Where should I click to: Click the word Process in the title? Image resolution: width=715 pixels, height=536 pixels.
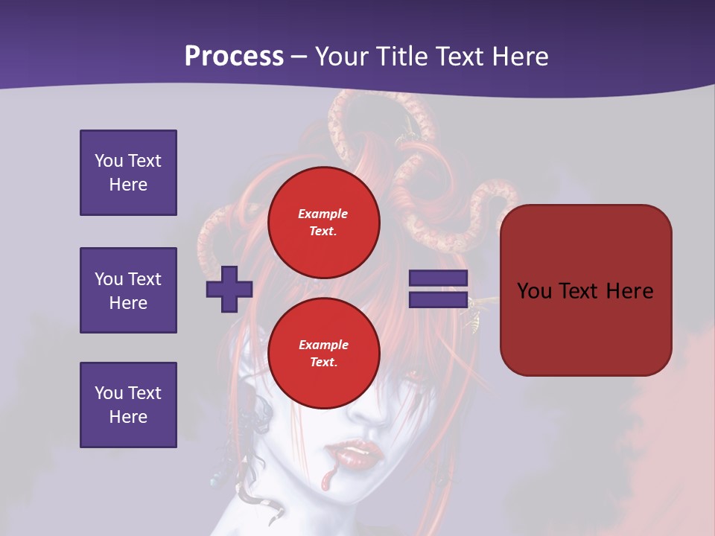pyautogui.click(x=234, y=57)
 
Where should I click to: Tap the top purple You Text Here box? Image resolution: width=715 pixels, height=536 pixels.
pyautogui.click(x=128, y=173)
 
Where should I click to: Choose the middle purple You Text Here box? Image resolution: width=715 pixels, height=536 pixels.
pyautogui.click(x=128, y=290)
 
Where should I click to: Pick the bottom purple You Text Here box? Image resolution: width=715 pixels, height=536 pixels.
pyautogui.click(x=128, y=405)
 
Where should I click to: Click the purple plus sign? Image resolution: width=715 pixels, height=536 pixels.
pyautogui.click(x=229, y=289)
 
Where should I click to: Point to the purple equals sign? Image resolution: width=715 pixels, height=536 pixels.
pyautogui.click(x=438, y=289)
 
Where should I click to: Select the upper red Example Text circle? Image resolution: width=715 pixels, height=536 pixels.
pyautogui.click(x=324, y=222)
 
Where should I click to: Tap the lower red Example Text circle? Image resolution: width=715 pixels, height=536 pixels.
pyautogui.click(x=324, y=353)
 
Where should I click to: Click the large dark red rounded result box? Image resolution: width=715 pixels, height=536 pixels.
pyautogui.click(x=586, y=290)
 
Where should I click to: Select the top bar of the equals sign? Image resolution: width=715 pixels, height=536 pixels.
pyautogui.click(x=438, y=278)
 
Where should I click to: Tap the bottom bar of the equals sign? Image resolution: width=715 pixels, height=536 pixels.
pyautogui.click(x=438, y=300)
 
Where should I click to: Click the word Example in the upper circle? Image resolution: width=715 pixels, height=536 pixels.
pyautogui.click(x=323, y=214)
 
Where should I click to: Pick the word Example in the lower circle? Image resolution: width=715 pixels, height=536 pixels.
pyautogui.click(x=323, y=345)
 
